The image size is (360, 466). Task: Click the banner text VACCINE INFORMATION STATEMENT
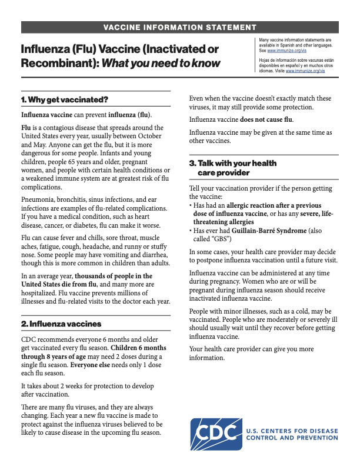tap(179, 28)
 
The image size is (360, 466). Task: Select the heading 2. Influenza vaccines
tap(61, 324)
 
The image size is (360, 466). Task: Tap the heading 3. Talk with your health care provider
tap(232, 168)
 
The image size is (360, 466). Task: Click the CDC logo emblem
tap(216, 434)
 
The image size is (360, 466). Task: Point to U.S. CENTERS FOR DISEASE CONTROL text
tap(292, 431)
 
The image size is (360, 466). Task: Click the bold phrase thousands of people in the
tap(114, 276)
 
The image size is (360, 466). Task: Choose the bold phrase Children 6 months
tap(138, 348)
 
